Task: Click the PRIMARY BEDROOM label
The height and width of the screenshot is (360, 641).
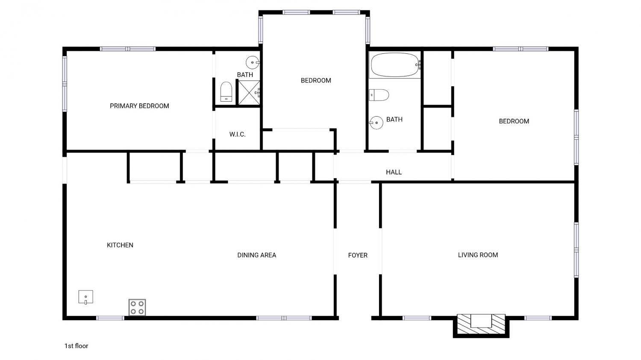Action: [139, 106]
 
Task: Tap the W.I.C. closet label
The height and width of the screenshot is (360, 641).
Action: [237, 135]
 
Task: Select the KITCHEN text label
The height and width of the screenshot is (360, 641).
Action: [120, 245]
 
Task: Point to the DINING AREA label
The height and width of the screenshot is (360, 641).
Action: [257, 255]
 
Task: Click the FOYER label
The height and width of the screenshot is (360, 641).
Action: [358, 255]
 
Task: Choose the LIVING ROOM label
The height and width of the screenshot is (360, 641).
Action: [478, 255]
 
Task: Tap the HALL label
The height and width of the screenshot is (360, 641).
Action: [394, 172]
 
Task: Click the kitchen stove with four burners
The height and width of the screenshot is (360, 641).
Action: [137, 307]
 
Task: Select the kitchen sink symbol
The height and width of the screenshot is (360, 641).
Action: [86, 297]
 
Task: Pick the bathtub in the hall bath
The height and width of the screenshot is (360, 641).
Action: [395, 64]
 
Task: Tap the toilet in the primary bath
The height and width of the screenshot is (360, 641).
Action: [226, 91]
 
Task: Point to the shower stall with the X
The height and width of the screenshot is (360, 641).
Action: [249, 93]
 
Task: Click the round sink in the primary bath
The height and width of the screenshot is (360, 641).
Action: [253, 62]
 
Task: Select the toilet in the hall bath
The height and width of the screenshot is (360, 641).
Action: [379, 95]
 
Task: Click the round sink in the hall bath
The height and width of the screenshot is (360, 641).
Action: [376, 123]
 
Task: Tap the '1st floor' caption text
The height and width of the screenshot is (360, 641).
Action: [76, 346]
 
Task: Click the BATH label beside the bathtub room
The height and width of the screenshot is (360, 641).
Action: [394, 120]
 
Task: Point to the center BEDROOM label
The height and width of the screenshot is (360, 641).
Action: [316, 81]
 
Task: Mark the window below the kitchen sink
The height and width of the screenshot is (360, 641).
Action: [110, 318]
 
